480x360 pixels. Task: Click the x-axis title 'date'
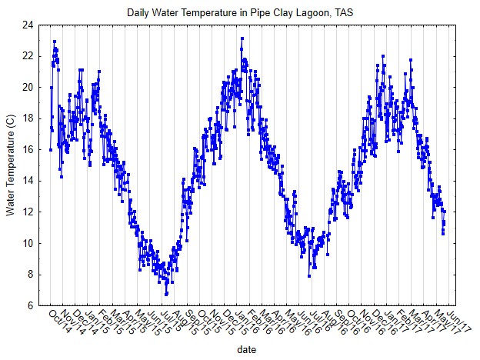pyautogui.click(x=246, y=349)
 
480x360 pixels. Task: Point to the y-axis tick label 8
pyautogui.click(x=29, y=274)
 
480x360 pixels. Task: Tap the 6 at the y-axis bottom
pyautogui.click(x=29, y=305)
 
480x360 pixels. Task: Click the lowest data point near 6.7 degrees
pyautogui.click(x=165, y=295)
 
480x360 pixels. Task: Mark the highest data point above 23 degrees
pyautogui.click(x=242, y=38)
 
